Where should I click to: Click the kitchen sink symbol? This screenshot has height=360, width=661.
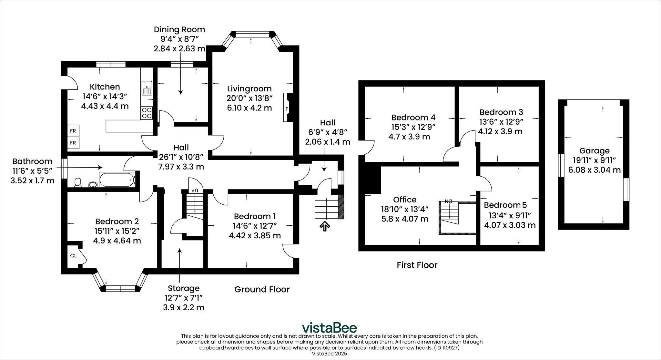pyautogui.click(x=147, y=88)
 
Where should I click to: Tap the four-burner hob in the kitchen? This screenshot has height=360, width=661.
pyautogui.click(x=147, y=113)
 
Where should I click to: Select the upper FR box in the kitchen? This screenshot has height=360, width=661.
pyautogui.click(x=73, y=131)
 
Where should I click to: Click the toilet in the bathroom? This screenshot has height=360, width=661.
pyautogui.click(x=77, y=183)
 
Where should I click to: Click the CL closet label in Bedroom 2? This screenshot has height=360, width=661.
pyautogui.click(x=73, y=256)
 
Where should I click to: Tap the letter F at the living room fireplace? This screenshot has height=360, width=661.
pyautogui.click(x=286, y=109)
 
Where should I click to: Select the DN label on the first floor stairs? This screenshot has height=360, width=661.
pyautogui.click(x=448, y=201)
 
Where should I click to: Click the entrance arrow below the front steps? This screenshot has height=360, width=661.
pyautogui.click(x=325, y=226)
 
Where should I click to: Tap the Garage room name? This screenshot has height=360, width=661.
pyautogui.click(x=594, y=150)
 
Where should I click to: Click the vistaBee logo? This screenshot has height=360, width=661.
pyautogui.click(x=329, y=327)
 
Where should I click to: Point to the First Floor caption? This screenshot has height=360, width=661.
pyautogui.click(x=417, y=265)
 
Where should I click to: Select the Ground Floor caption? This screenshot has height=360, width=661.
pyautogui.click(x=262, y=289)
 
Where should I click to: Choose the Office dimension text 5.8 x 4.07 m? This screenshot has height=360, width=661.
pyautogui.click(x=405, y=219)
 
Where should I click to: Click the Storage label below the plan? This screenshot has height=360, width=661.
pyautogui.click(x=184, y=288)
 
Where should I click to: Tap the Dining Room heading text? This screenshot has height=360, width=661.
pyautogui.click(x=179, y=29)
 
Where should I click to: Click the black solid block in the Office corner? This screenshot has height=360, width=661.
pyautogui.click(x=372, y=180)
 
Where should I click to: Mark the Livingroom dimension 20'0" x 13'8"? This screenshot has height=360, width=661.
pyautogui.click(x=249, y=98)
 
